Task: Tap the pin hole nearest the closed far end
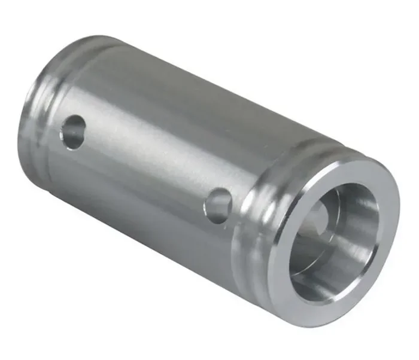pos(74,131)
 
